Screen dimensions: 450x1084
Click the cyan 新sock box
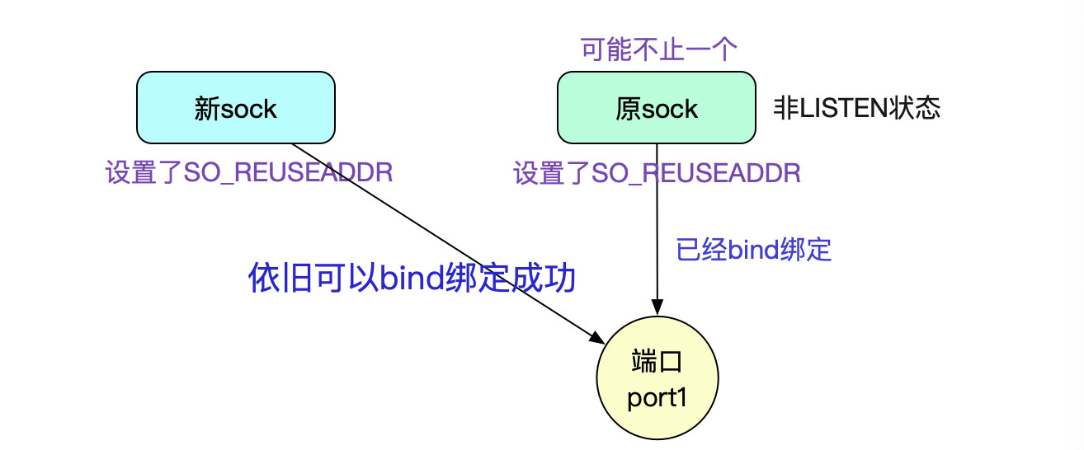pyautogui.click(x=235, y=107)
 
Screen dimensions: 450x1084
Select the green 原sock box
pyautogui.click(x=656, y=107)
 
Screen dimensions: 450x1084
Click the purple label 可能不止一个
pyautogui.click(x=657, y=50)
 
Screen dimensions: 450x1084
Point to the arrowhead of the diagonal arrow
pyautogui.click(x=597, y=337)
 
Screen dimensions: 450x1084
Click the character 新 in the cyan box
pyautogui.click(x=206, y=109)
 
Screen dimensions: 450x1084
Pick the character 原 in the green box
pyautogui.click(x=628, y=109)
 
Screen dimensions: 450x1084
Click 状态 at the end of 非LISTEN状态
pyautogui.click(x=921, y=109)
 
